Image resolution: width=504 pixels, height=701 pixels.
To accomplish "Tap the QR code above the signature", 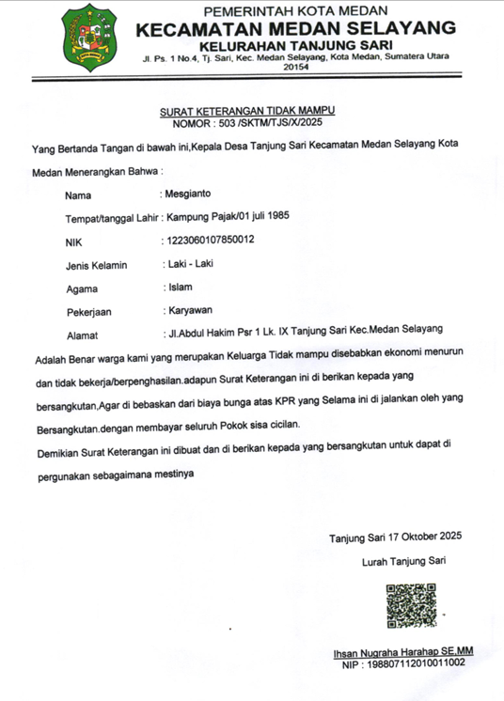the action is (411, 605).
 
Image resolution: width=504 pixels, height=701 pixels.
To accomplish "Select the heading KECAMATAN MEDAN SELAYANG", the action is (296, 28).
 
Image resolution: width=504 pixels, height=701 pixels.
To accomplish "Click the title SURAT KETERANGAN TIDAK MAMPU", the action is (247, 111).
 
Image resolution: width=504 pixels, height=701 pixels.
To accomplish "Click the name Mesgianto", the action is (192, 195).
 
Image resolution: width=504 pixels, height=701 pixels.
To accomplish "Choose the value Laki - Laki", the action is (189, 263).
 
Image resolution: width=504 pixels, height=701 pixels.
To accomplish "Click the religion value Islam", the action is (180, 287).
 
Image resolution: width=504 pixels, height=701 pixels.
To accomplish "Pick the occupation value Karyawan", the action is (190, 310).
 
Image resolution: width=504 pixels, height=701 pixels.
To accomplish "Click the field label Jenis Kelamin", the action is (96, 265).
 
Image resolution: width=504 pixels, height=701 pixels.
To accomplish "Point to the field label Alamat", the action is (83, 335).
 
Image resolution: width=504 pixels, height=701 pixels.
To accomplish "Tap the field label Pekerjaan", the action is (91, 311).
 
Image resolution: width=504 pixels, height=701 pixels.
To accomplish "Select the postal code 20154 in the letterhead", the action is (295, 68).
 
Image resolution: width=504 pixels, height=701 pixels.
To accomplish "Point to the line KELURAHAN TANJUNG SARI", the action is (295, 45).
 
